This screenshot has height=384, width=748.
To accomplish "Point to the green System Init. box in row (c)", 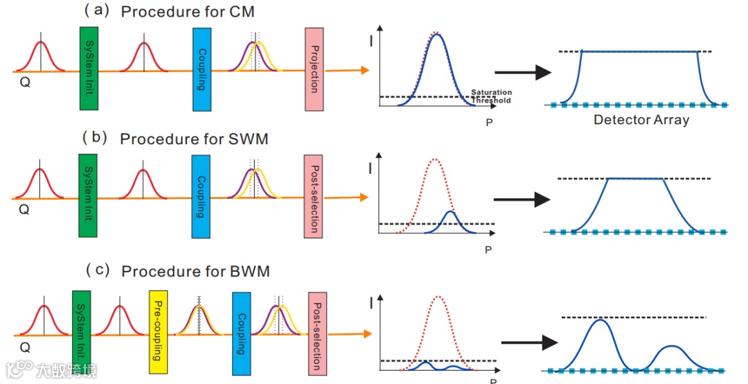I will pos(81,324).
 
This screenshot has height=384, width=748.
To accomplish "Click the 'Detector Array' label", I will pos(641,120).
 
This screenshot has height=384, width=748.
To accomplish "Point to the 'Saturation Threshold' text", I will pos(491,96).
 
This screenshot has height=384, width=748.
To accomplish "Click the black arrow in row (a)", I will pos(524,72).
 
